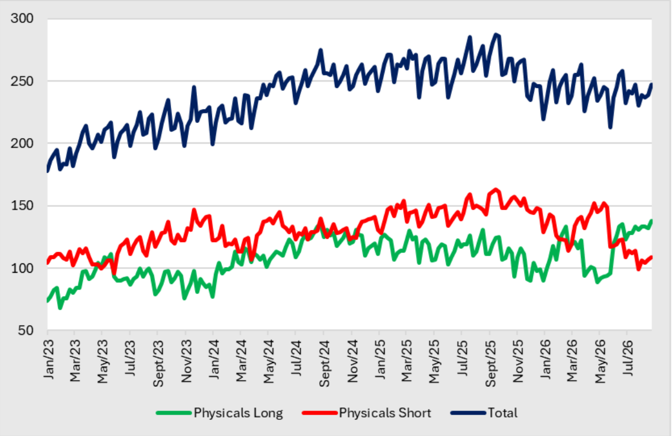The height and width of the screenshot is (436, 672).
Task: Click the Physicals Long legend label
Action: click(x=238, y=413)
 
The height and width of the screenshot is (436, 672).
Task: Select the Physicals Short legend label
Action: click(x=385, y=413)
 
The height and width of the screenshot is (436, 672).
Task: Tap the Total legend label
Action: click(x=503, y=413)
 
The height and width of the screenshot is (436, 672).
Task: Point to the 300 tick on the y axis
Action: click(x=22, y=18)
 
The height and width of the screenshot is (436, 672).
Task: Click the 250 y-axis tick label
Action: click(x=22, y=81)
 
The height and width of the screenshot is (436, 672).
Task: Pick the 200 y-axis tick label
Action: click(x=22, y=143)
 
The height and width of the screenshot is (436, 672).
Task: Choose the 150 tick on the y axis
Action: click(x=22, y=206)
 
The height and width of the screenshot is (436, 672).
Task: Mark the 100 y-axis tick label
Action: click(x=22, y=268)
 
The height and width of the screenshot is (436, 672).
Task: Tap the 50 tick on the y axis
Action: click(x=26, y=330)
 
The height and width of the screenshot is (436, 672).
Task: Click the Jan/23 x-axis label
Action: click(x=48, y=359)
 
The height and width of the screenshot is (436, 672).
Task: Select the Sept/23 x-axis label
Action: click(x=158, y=363)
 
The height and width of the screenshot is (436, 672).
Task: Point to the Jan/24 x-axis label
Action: click(x=214, y=359)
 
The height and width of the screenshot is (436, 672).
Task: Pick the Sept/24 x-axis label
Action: click(x=324, y=363)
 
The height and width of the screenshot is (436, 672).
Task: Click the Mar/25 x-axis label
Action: click(x=407, y=361)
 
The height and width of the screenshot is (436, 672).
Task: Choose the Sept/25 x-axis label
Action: click(x=490, y=363)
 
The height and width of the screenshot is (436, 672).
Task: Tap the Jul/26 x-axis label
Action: click(x=628, y=358)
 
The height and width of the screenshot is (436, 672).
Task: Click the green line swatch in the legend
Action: click(x=174, y=413)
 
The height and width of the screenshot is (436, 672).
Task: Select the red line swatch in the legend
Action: click(x=320, y=413)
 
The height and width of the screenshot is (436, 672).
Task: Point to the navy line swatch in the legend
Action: click(x=468, y=413)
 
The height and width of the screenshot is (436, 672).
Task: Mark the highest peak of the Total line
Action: click(x=495, y=35)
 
